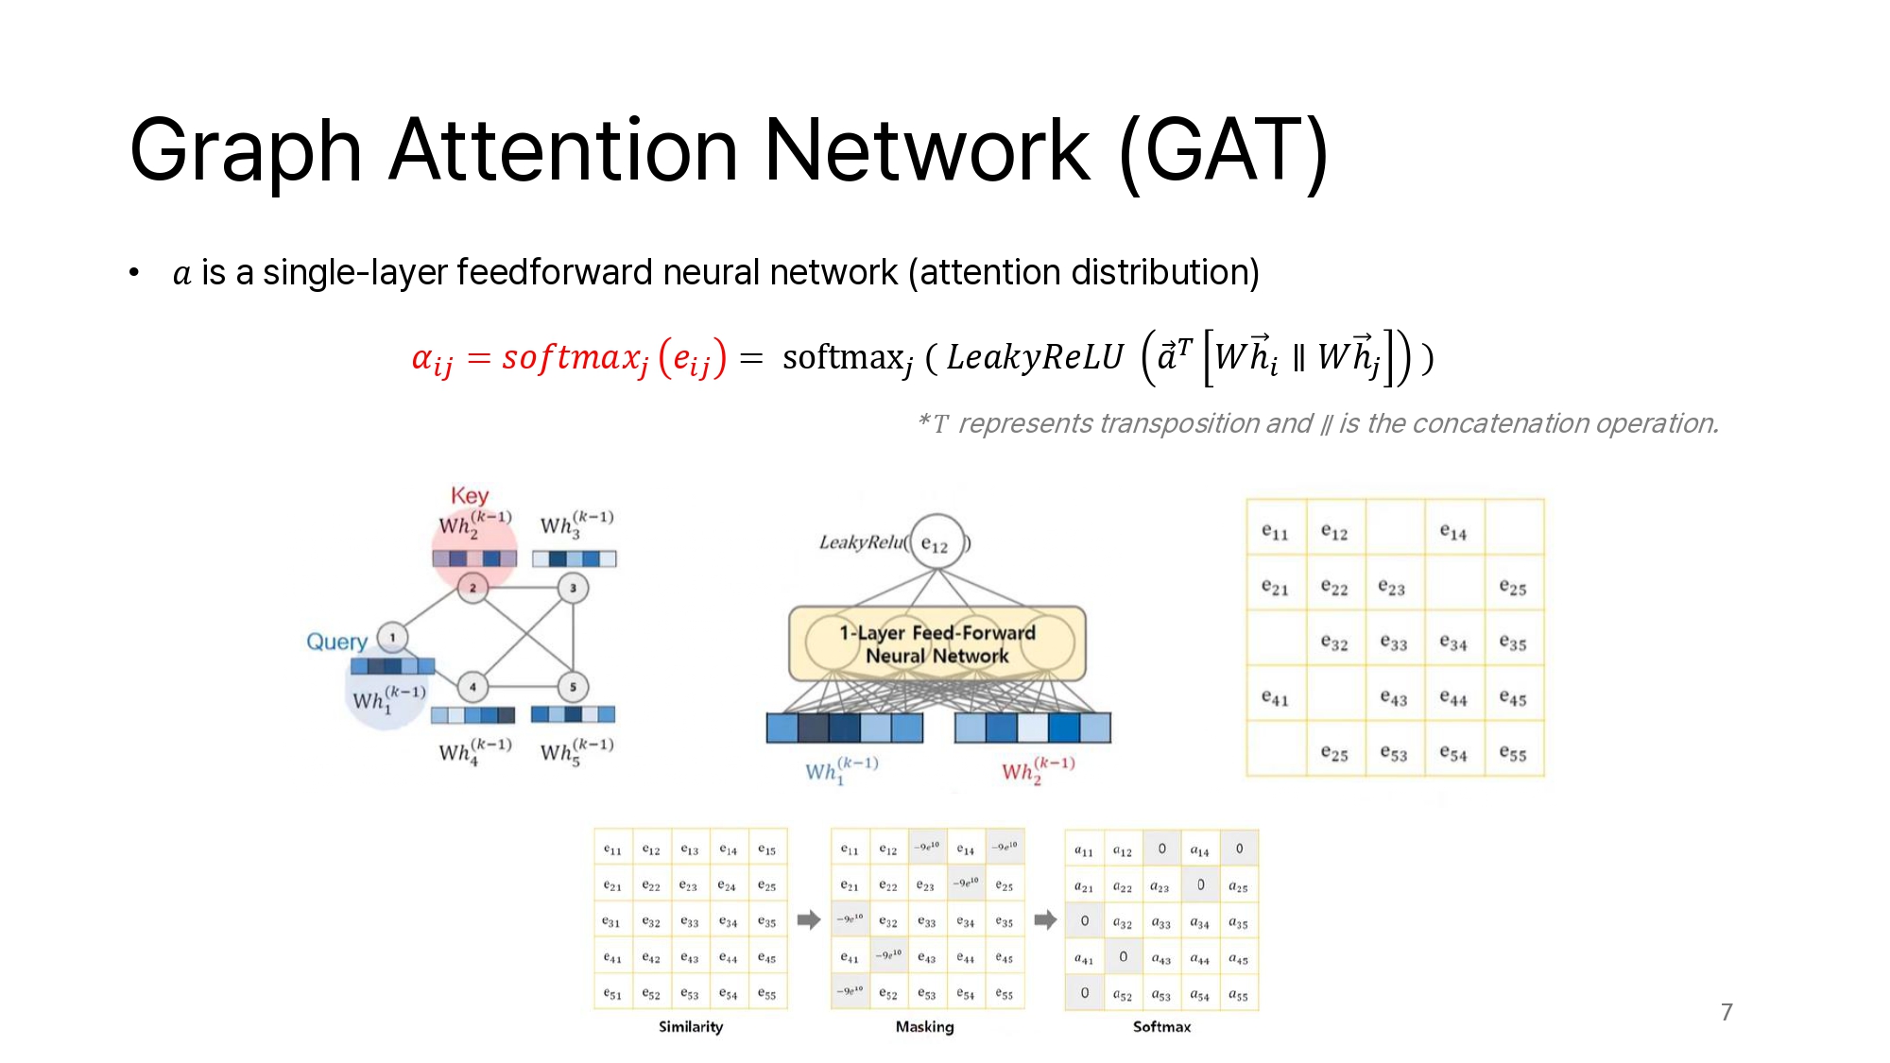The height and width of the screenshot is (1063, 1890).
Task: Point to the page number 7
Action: click(x=1727, y=1012)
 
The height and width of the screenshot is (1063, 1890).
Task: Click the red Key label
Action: click(x=470, y=496)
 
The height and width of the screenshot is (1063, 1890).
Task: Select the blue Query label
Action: click(x=336, y=642)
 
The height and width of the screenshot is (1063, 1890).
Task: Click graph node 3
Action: click(x=573, y=588)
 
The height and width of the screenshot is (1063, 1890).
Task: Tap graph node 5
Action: click(x=573, y=687)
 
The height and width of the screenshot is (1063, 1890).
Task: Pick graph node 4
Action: click(x=472, y=687)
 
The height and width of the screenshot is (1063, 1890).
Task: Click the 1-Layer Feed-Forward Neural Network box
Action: click(x=937, y=644)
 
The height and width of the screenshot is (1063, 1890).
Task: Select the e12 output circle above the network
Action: click(x=936, y=542)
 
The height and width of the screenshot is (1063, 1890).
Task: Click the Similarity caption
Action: click(x=691, y=1027)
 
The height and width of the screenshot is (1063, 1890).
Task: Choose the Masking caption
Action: click(x=925, y=1027)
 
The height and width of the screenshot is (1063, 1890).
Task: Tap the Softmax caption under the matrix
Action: click(x=1161, y=1027)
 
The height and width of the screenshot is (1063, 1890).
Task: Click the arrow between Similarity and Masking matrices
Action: click(x=809, y=919)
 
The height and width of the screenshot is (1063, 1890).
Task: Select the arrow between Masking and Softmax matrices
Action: click(x=1045, y=919)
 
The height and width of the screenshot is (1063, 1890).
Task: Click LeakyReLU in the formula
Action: click(x=1035, y=358)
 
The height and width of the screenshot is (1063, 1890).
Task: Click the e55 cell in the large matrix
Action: click(x=1513, y=753)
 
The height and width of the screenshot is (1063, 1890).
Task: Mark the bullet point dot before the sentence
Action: click(x=134, y=273)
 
